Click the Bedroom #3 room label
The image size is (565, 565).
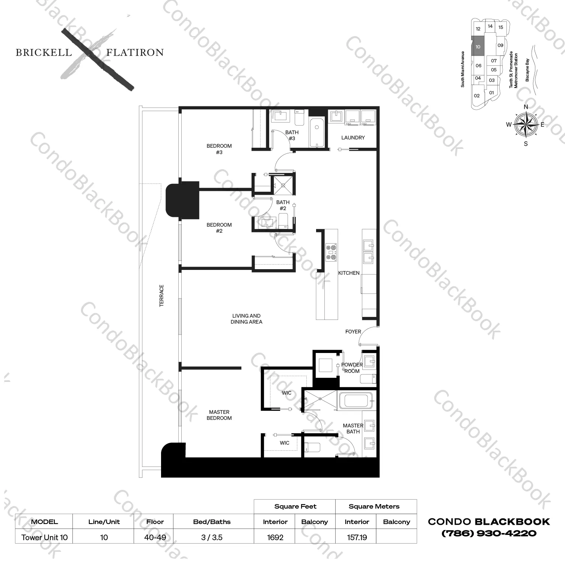[x=219, y=149]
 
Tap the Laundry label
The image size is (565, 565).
[x=353, y=138]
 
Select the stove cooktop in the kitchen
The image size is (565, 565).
[x=331, y=253]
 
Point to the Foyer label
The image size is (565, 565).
[x=353, y=332]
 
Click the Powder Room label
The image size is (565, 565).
[x=352, y=368]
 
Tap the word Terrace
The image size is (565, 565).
[x=161, y=295]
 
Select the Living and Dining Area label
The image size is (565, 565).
[x=246, y=319]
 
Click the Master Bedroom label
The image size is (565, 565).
[x=219, y=415]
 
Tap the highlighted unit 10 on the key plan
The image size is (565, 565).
[x=478, y=47]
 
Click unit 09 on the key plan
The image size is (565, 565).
[x=500, y=45]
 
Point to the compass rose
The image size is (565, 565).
[x=526, y=125]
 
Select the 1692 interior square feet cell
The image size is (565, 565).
[x=275, y=537]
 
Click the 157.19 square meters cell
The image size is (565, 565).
[x=357, y=537]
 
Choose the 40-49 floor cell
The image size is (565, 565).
[x=155, y=537]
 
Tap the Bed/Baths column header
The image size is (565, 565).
[x=212, y=522]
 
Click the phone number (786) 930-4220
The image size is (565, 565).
[x=489, y=533]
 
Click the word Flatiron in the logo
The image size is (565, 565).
[x=135, y=52]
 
